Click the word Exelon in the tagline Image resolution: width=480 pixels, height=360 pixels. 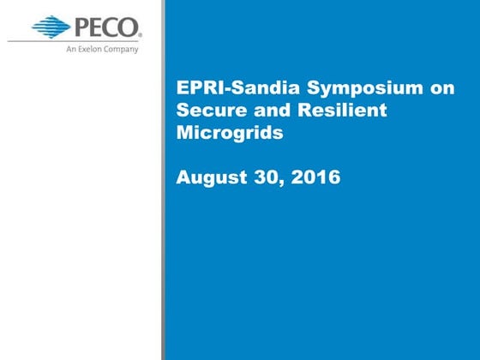[92, 49]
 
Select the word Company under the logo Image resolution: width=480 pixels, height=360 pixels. [121, 49]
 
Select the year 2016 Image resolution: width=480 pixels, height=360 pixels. [315, 177]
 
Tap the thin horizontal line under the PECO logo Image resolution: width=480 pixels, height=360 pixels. [77, 40]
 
